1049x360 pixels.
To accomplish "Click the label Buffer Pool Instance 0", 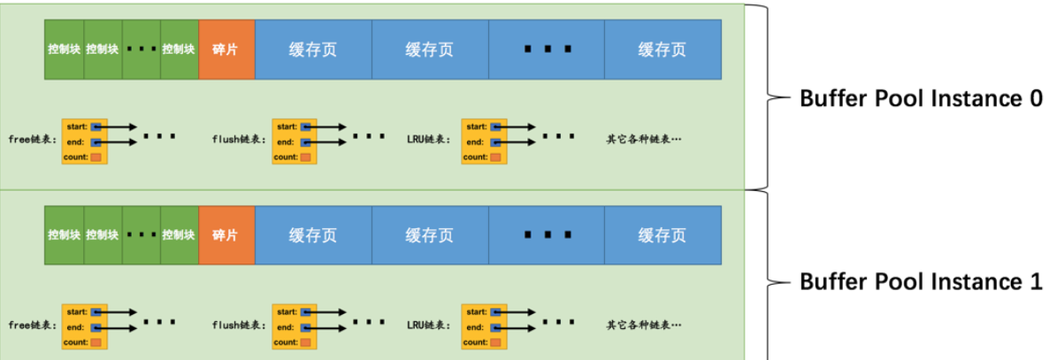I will [x=921, y=98].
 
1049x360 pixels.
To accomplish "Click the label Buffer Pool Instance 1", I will [x=921, y=281].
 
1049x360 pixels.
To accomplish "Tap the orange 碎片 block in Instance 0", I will [x=226, y=50].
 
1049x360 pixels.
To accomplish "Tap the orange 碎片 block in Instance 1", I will [x=226, y=234].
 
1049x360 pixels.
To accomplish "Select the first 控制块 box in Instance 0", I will [x=65, y=50].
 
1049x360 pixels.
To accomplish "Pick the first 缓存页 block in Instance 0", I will [x=313, y=50].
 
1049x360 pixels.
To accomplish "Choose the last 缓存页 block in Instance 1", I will [x=662, y=234].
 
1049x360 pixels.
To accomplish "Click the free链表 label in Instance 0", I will [x=32, y=140].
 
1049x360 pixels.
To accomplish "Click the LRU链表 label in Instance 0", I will [x=429, y=140].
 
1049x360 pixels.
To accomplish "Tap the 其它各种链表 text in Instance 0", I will [x=644, y=140].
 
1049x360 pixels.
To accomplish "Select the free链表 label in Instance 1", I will [x=32, y=325].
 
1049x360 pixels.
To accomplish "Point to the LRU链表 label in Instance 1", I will [x=429, y=325].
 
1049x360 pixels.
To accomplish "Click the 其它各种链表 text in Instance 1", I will [x=644, y=325].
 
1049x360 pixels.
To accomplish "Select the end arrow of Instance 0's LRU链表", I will [x=517, y=142].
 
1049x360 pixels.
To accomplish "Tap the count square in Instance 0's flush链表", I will [x=306, y=157].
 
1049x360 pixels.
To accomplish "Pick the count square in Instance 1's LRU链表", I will [x=495, y=341].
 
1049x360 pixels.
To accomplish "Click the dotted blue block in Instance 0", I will [x=546, y=50].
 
